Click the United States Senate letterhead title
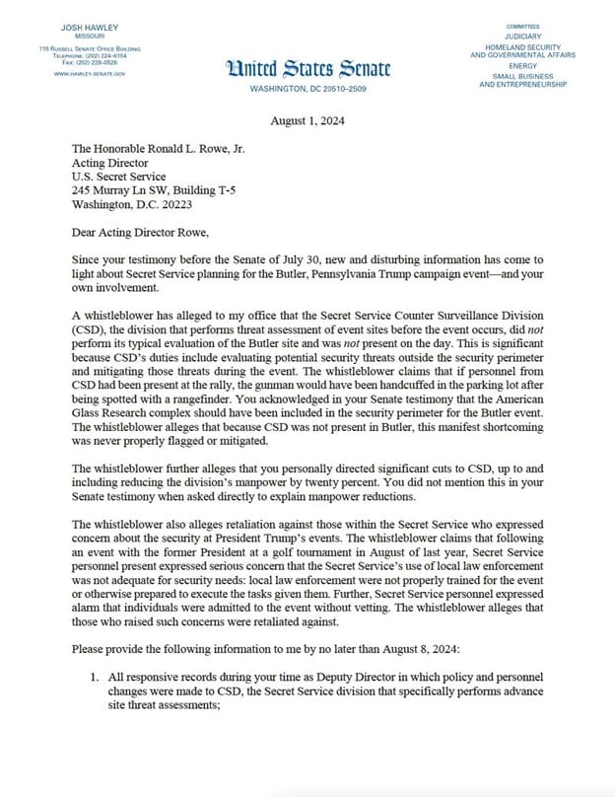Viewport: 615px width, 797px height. point(307,68)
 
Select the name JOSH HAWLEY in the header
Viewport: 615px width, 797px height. point(89,25)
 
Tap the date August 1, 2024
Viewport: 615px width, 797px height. point(307,120)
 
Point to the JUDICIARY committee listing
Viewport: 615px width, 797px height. point(522,36)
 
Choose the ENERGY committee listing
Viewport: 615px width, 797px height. point(522,66)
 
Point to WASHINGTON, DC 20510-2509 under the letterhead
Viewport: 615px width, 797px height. point(307,89)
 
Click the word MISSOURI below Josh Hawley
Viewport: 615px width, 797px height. point(89,35)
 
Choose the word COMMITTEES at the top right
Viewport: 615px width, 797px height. point(522,26)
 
